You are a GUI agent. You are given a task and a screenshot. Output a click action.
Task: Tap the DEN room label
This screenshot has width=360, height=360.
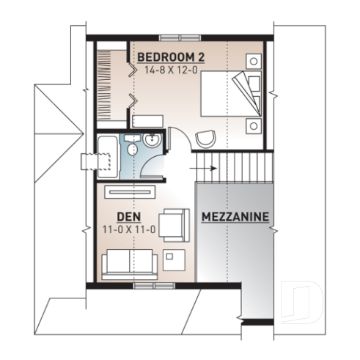[129, 218]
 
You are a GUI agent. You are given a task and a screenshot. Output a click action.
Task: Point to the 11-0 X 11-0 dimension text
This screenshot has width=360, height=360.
[129, 230]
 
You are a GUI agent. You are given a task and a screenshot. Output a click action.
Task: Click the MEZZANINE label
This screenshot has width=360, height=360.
[235, 218]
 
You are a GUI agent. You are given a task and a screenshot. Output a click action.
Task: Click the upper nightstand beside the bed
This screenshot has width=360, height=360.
[254, 61]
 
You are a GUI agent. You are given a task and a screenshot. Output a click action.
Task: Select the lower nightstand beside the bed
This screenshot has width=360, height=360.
[254, 125]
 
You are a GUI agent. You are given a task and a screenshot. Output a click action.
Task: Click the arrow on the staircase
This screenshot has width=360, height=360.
[207, 168]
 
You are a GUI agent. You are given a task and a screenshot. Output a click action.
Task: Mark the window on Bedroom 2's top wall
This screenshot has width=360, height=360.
[180, 36]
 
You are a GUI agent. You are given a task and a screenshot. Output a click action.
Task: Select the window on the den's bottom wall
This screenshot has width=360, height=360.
[145, 282]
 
